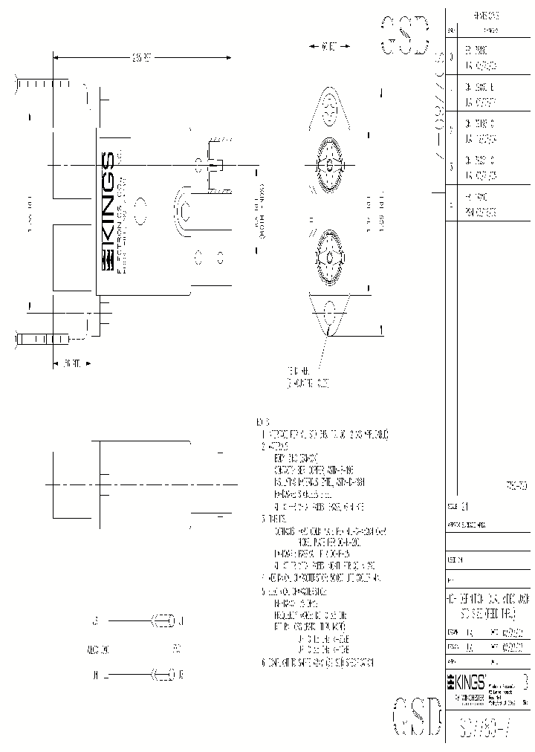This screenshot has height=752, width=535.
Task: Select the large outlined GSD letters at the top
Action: point(406,34)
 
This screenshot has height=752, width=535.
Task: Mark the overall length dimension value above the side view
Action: point(141,57)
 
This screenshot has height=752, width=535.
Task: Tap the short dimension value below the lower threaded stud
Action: point(71,364)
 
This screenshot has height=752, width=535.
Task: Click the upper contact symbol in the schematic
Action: point(164,618)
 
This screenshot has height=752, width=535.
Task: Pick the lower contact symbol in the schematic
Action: point(164,675)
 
